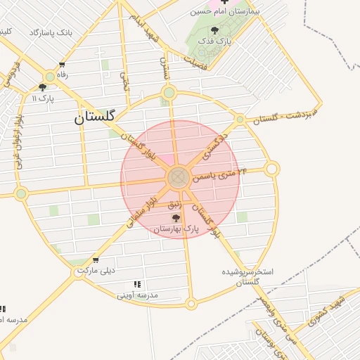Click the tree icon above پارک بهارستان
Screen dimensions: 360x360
point(176,218)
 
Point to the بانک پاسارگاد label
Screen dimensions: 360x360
point(51,33)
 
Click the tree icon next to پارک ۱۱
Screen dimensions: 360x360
point(43,88)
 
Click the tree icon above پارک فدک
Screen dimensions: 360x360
point(214,30)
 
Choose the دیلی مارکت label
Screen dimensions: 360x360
point(96,270)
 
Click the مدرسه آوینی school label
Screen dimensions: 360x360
point(138,295)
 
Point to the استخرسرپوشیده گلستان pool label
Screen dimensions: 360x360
point(247,276)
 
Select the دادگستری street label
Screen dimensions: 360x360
point(215,143)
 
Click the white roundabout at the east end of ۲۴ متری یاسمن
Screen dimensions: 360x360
point(271,168)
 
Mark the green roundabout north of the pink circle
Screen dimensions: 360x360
point(168,93)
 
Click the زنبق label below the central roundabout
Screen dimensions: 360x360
point(174,204)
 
